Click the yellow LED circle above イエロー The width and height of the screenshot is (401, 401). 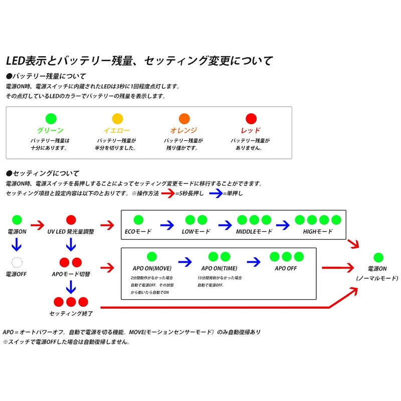coord(117,119)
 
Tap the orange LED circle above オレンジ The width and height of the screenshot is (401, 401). coord(184,119)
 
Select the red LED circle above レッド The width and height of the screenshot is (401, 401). coord(251,119)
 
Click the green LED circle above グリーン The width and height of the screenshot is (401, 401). coord(51,119)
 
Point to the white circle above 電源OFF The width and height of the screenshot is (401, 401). coord(17,262)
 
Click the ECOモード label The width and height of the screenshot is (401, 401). coord(138,232)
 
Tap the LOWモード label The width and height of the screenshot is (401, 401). coord(195,232)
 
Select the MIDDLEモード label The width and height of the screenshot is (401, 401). coord(254,232)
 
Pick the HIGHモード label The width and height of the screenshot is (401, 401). coord(318,232)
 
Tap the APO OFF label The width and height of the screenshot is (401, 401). coord(286,268)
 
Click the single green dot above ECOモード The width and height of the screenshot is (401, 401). coord(138,220)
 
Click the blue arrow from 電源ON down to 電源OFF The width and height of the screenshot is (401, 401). coord(17,244)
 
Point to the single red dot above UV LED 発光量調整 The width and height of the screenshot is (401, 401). coord(71,220)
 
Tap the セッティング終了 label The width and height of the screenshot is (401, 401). coord(71,314)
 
